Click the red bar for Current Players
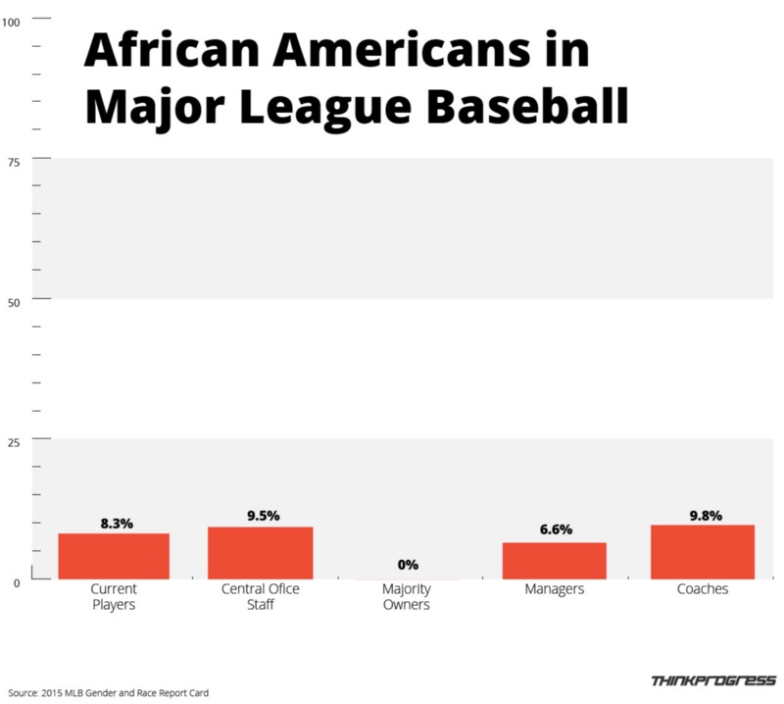coord(114,556)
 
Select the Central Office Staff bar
coord(260,553)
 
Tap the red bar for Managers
coord(554,561)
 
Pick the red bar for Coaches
coord(702,552)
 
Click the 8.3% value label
coord(117,524)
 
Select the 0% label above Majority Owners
coord(408,565)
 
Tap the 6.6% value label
coord(556,530)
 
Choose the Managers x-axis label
coord(555,590)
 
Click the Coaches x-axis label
coord(703,590)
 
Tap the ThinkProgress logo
coord(713,680)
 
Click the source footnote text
coord(105,692)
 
